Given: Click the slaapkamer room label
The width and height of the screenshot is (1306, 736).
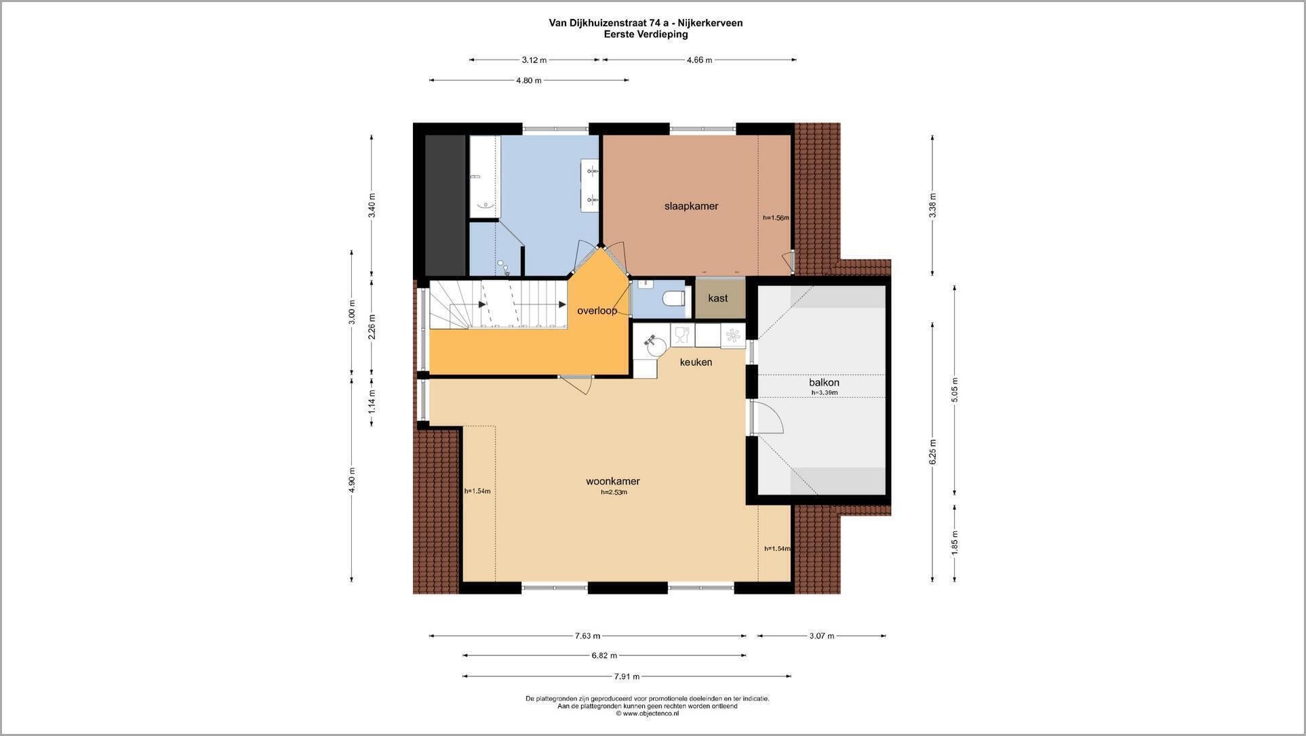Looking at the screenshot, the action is [691, 206].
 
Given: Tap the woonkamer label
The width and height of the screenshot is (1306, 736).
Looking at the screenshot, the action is [613, 481].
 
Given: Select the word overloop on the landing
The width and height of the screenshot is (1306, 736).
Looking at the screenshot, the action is [597, 311].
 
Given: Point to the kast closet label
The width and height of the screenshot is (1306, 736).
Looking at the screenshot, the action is [717, 298].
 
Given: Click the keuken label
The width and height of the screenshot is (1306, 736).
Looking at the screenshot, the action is [696, 362].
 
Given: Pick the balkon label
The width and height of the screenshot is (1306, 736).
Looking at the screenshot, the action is [824, 382].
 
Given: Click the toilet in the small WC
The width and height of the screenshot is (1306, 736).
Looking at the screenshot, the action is [674, 299].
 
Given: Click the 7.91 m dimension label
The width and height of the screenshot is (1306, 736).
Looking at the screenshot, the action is [627, 676].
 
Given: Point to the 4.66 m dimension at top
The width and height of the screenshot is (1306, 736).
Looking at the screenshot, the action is [699, 60].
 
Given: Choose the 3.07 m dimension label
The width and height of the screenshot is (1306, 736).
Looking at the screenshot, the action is [821, 636].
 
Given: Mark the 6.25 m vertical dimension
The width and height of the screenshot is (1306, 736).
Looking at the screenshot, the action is [932, 452].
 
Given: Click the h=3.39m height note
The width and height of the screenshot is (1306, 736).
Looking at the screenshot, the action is [825, 392].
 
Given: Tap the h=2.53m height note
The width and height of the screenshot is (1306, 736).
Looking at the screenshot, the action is [614, 492].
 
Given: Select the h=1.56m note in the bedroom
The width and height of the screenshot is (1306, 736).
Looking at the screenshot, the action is [776, 218].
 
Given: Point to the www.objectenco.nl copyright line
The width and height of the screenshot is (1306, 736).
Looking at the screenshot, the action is [647, 713].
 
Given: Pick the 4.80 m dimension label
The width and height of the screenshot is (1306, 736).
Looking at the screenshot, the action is [529, 80].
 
